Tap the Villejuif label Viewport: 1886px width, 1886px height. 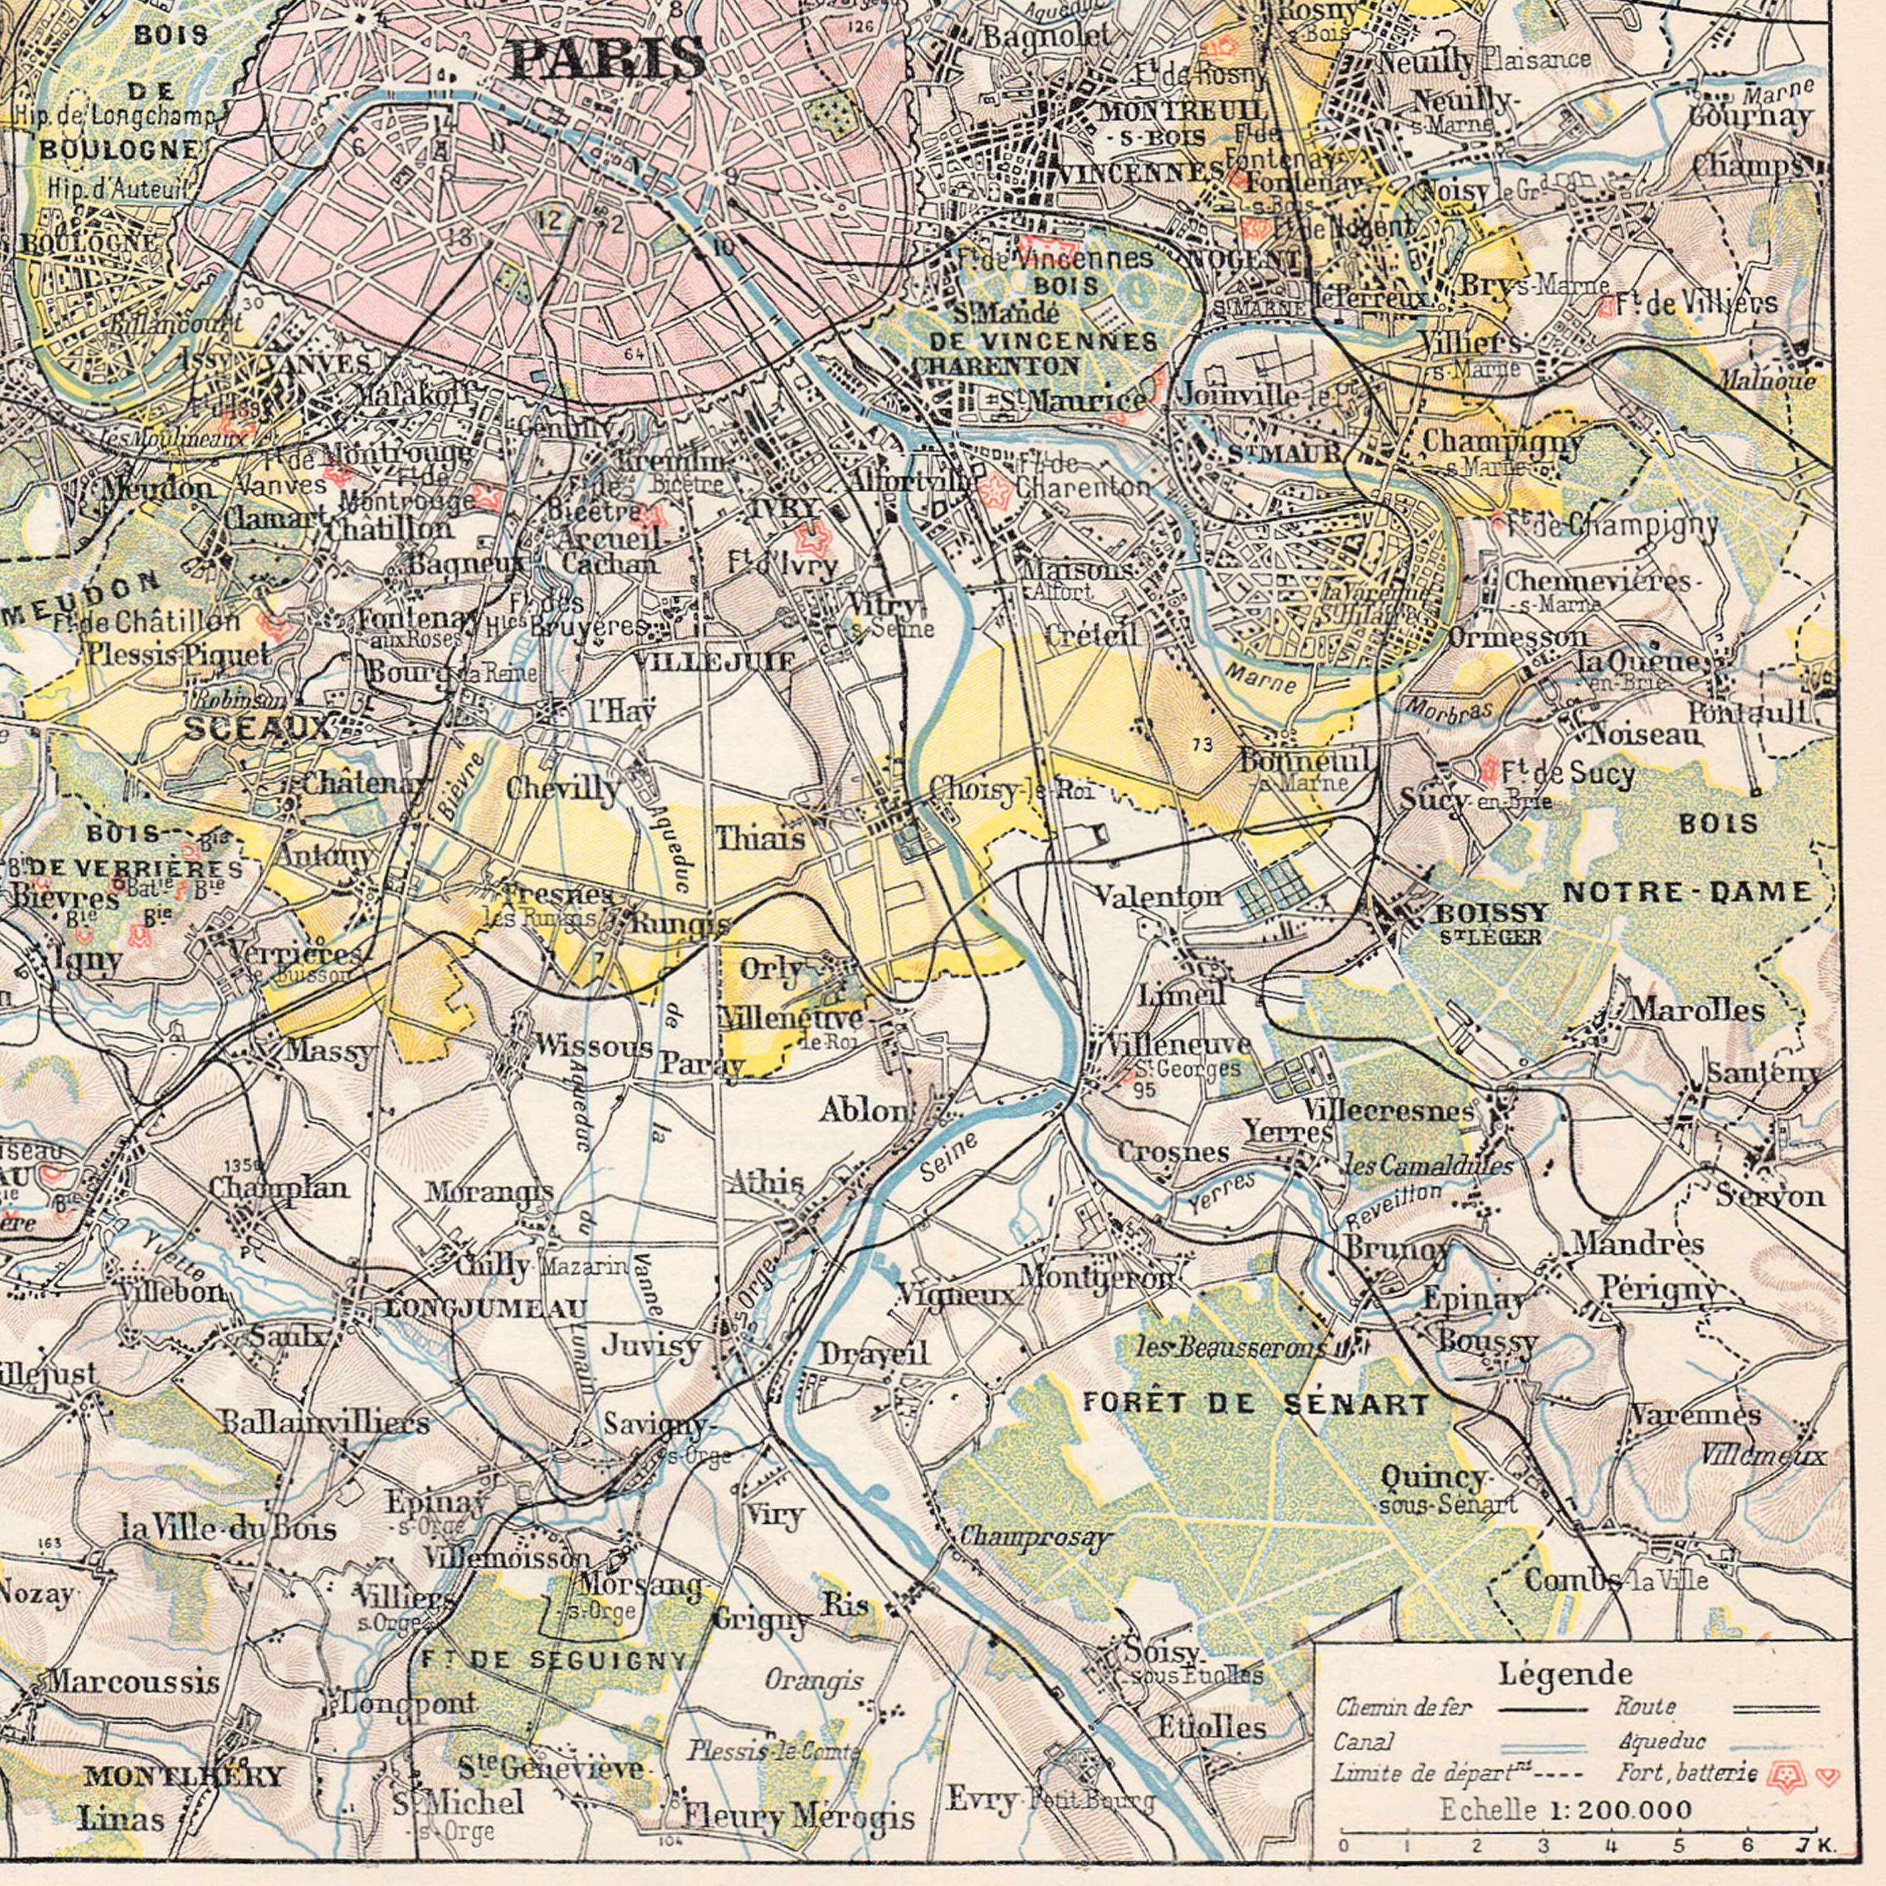click(715, 662)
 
